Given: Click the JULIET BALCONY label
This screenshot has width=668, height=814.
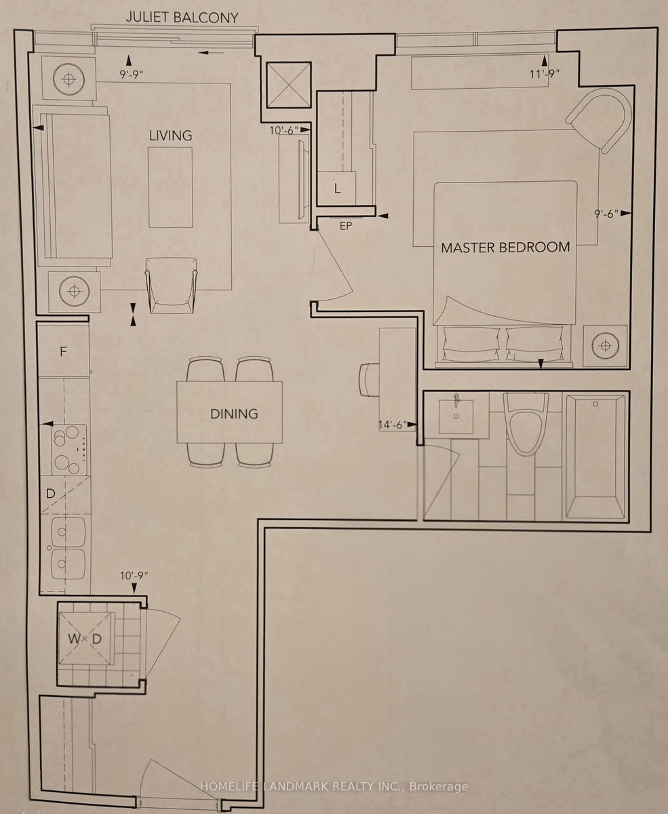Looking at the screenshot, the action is pyautogui.click(x=182, y=18).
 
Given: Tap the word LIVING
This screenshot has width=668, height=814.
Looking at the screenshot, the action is pyautogui.click(x=171, y=136).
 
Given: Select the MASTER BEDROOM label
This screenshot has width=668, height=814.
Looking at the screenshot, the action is pyautogui.click(x=505, y=248).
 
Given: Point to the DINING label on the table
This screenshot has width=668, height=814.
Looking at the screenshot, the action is pyautogui.click(x=234, y=414).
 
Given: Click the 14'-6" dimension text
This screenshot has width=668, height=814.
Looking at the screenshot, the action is pyautogui.click(x=393, y=425).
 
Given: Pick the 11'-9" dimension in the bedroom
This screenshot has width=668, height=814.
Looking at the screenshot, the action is pyautogui.click(x=544, y=74).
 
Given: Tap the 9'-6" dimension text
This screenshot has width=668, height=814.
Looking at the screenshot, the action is pyautogui.click(x=606, y=214).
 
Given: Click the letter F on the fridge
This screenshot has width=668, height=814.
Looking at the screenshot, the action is pyautogui.click(x=63, y=351).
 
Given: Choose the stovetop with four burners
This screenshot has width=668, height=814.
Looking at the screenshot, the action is pyautogui.click(x=69, y=450).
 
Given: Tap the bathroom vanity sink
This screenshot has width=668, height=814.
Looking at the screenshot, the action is pyautogui.click(x=456, y=416).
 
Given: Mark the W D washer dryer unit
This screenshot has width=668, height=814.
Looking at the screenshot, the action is pyautogui.click(x=85, y=639).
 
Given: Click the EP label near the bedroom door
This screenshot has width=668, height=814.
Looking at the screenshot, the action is pyautogui.click(x=346, y=226).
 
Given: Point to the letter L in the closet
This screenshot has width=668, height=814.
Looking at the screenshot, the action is pyautogui.click(x=337, y=189).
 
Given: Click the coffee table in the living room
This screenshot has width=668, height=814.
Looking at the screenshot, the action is pyautogui.click(x=171, y=188).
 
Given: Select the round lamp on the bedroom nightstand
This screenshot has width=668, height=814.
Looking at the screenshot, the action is pyautogui.click(x=605, y=345).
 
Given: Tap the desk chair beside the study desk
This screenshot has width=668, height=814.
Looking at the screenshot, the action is pyautogui.click(x=369, y=380).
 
